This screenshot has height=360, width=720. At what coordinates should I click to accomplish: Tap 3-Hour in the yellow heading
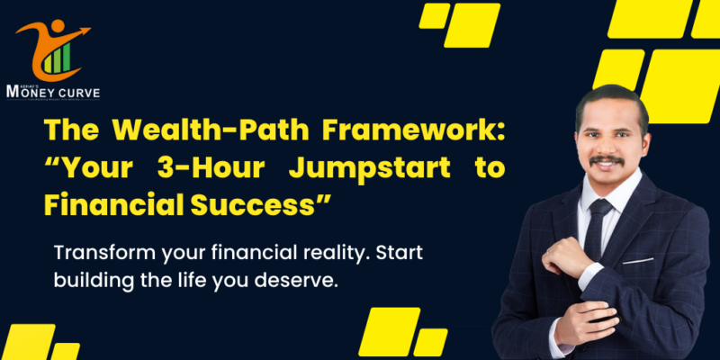[210, 168]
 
